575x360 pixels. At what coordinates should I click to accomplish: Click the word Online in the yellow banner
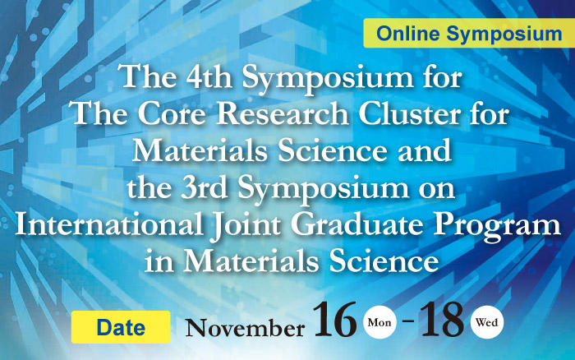tap(407, 34)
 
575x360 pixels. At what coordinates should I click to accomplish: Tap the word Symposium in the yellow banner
tap(504, 35)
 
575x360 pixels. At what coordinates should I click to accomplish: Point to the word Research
tap(283, 113)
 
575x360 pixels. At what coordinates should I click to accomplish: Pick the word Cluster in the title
tap(409, 113)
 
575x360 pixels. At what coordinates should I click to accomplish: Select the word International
tap(109, 224)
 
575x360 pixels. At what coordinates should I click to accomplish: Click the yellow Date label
tap(121, 327)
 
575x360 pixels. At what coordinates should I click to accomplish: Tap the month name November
tap(245, 328)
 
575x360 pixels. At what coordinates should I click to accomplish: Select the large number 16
tap(335, 319)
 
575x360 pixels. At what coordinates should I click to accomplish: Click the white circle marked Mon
tap(379, 322)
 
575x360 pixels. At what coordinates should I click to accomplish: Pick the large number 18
tap(442, 319)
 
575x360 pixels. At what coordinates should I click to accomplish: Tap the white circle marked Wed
tap(486, 322)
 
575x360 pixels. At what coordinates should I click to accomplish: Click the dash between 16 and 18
tap(408, 321)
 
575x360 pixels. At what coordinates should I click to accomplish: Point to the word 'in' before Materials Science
tap(159, 261)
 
